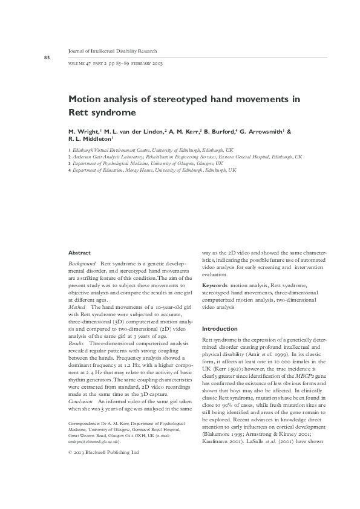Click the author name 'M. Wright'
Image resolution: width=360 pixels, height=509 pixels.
click(82, 131)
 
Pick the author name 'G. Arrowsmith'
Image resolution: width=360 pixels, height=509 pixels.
click(261, 131)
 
